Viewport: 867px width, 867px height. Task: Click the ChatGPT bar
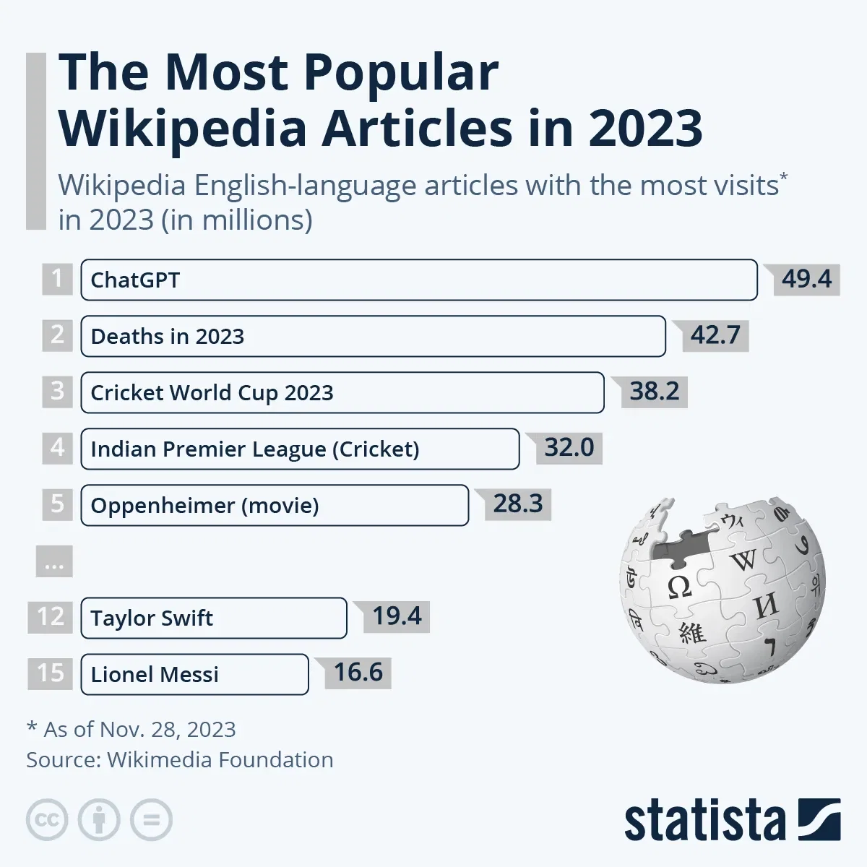(418, 280)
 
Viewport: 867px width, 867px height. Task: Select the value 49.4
(806, 279)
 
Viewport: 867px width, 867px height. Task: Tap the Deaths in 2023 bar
(373, 336)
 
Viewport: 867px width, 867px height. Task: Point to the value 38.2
(655, 392)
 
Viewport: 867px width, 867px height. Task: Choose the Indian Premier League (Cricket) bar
(300, 449)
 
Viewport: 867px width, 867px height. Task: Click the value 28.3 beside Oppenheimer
(518, 504)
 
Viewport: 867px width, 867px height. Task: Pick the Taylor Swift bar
(214, 618)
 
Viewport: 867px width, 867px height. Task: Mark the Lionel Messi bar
(194, 674)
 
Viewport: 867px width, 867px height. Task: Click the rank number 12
(51, 617)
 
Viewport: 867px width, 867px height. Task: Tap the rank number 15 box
(51, 673)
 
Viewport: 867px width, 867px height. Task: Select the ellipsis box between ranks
(54, 561)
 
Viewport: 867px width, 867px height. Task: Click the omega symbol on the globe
(679, 587)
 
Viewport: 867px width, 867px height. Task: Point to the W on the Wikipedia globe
(743, 560)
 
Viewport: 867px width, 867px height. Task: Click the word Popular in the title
(400, 72)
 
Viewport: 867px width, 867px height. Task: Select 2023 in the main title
(645, 129)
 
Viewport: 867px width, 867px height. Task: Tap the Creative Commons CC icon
(47, 820)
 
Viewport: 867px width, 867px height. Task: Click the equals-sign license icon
(151, 820)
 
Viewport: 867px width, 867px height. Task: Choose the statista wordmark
(704, 821)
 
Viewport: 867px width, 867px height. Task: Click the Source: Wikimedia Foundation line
(180, 760)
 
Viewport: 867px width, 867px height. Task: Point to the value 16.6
(358, 673)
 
